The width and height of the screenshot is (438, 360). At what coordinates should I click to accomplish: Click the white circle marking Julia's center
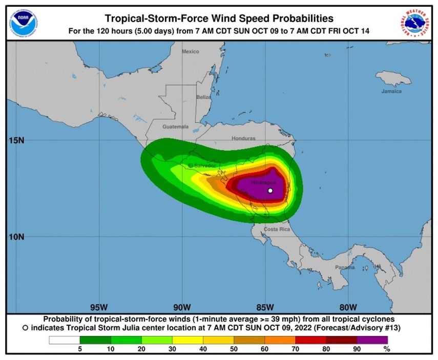pos(270,190)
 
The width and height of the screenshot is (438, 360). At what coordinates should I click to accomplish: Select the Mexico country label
pos(190,51)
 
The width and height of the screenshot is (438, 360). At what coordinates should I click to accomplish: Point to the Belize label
pos(203,97)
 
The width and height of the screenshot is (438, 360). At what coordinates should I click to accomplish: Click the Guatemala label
pos(175,126)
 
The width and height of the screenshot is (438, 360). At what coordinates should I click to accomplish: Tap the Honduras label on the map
pos(243,138)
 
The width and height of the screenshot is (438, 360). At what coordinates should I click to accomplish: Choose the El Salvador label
pos(202,165)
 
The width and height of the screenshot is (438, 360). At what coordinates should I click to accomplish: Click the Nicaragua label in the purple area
pos(264,182)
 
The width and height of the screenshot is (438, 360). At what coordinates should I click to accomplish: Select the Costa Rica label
pos(277,229)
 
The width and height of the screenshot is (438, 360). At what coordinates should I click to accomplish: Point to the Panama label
pos(344,267)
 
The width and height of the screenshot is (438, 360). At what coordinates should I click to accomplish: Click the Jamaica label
pos(391,91)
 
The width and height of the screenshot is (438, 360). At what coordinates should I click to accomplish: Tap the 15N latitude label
pos(17,140)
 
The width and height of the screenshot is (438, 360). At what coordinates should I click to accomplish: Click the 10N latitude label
pos(17,237)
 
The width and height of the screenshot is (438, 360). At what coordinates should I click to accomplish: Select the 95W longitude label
pos(98,307)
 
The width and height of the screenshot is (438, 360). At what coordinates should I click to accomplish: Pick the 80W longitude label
pos(347,307)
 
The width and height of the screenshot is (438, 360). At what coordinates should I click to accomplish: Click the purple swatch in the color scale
pos(372,340)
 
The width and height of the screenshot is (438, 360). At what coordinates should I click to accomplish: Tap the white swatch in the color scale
pos(65,340)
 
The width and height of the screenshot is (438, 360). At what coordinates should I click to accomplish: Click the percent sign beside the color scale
pos(387,349)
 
